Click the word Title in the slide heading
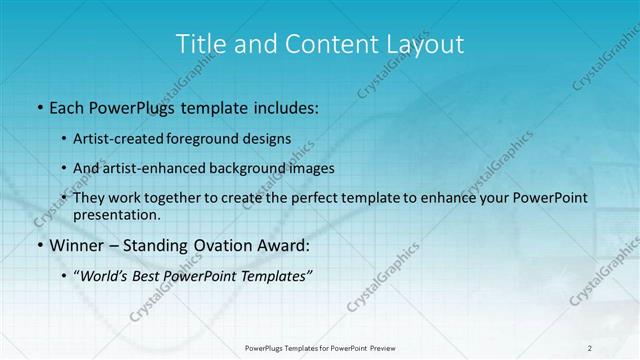[199, 44]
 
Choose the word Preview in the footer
[388, 348]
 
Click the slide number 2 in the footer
[590, 348]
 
